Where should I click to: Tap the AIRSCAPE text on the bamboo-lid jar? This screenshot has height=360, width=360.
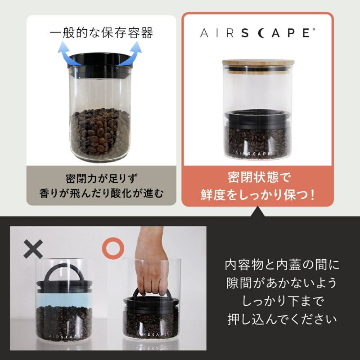258,153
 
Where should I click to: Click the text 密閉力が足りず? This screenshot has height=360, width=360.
101,176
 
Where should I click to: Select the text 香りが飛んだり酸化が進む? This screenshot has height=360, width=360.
101,193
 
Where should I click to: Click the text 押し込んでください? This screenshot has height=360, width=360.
282,320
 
